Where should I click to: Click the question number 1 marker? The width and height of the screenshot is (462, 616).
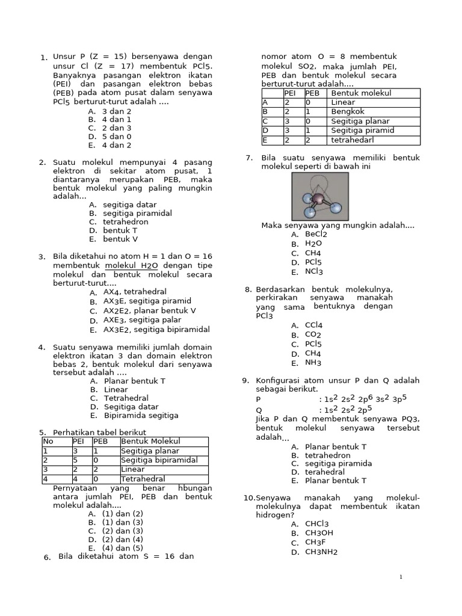tap(43, 58)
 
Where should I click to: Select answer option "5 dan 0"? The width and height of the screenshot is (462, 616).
tap(116, 137)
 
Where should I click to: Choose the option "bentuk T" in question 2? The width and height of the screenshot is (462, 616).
tap(120, 230)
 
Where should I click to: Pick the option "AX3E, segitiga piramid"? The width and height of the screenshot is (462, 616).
tap(147, 301)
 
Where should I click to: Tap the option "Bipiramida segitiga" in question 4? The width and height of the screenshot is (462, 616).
tap(141, 415)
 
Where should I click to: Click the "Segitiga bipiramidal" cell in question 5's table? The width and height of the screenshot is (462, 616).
tap(159, 460)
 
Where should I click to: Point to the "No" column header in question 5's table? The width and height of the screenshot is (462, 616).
tap(48, 442)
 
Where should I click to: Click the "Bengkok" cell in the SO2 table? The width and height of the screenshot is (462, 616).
tap(345, 112)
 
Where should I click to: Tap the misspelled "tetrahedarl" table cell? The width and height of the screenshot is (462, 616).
tap(353, 140)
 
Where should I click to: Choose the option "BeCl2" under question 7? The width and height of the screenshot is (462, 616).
tap(316, 235)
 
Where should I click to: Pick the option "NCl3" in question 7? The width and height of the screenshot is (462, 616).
tap(314, 272)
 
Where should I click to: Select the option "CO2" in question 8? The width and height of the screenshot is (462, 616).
tap(313, 335)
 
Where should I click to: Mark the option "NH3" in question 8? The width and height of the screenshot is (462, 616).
tap(313, 363)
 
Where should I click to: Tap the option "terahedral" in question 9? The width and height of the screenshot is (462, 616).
tap(325, 472)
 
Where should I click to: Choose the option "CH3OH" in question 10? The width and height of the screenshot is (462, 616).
tap(319, 533)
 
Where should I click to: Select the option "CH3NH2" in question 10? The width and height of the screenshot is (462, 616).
tap(321, 552)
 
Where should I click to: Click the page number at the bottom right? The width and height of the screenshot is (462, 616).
tap(401, 577)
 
